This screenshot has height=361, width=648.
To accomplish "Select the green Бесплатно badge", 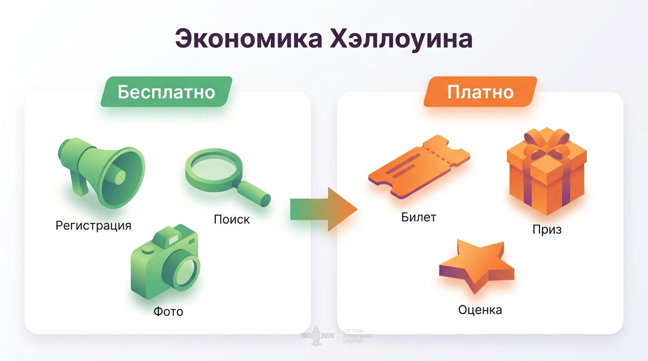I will [166, 92].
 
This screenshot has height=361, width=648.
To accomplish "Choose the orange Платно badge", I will [480, 92].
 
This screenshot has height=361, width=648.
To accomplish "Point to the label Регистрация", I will [93, 225].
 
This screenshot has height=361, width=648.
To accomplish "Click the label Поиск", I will [232, 220].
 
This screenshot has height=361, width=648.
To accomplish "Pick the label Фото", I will [168, 311].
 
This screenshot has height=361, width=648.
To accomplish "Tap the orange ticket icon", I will [419, 167].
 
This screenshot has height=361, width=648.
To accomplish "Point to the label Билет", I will [419, 217].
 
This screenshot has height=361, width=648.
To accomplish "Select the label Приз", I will [547, 230].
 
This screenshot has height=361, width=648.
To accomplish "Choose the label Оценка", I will [480, 310].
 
